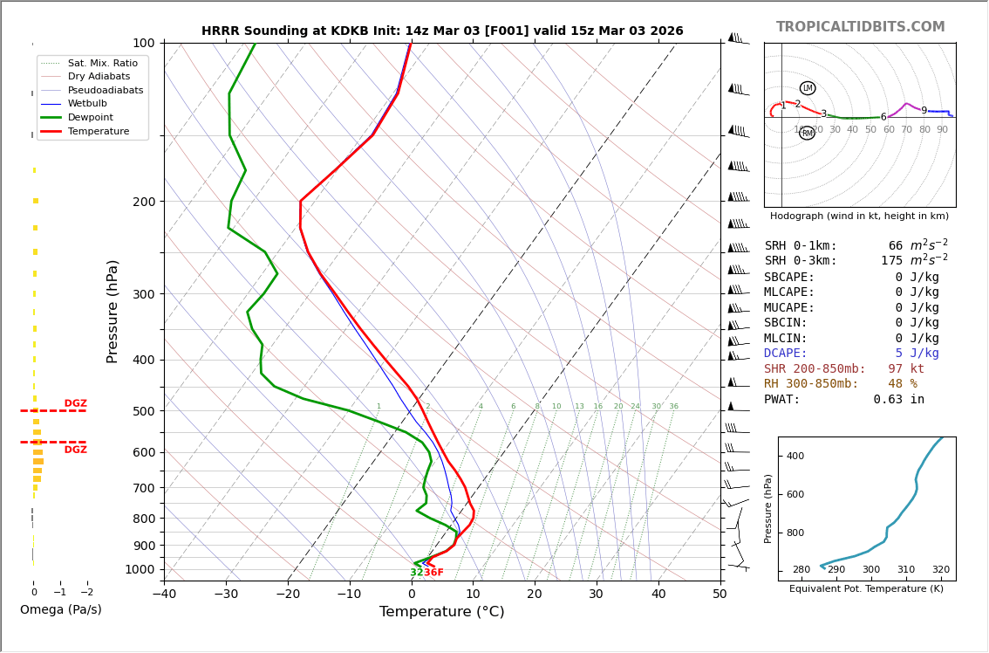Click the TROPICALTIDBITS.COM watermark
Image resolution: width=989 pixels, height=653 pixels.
(x=860, y=27)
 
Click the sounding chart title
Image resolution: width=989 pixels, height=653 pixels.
(x=442, y=31)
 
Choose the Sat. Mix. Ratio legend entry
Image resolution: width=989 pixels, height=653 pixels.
(x=102, y=63)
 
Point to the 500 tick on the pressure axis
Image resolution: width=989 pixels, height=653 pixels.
(x=143, y=411)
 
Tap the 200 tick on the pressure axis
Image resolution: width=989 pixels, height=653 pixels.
(x=143, y=202)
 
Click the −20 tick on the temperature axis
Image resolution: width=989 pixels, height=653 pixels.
(x=288, y=595)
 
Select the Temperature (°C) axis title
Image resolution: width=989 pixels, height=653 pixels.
(x=441, y=612)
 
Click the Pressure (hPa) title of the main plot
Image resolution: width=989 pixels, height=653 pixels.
(x=113, y=311)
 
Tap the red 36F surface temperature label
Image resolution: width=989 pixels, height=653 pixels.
(x=433, y=573)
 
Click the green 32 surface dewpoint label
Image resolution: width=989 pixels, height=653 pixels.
(x=416, y=573)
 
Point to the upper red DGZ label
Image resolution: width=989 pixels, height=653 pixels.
(x=76, y=404)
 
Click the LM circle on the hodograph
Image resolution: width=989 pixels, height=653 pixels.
(x=808, y=88)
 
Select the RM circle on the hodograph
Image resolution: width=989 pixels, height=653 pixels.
(x=808, y=134)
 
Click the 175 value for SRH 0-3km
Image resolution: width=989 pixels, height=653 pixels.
(x=891, y=261)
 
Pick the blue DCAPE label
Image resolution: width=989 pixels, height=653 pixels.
(x=786, y=354)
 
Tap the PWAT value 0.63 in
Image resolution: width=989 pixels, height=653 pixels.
(x=898, y=400)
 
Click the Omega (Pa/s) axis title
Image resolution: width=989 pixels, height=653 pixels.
(x=61, y=610)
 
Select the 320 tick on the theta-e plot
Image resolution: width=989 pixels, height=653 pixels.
(x=940, y=570)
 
